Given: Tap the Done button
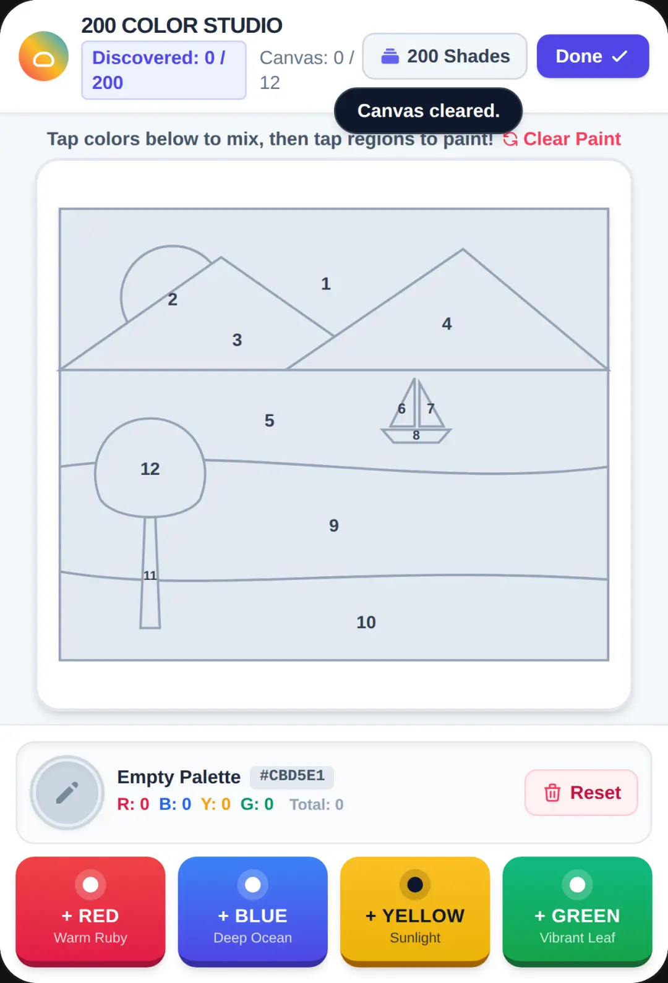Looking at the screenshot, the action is pyautogui.click(x=593, y=56).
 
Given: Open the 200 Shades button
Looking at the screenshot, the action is pyautogui.click(x=445, y=56).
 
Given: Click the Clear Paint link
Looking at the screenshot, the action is pyautogui.click(x=562, y=139).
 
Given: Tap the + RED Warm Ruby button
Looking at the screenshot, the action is pyautogui.click(x=90, y=911).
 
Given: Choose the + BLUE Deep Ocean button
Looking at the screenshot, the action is pyautogui.click(x=253, y=911).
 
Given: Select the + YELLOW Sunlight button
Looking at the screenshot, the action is pyautogui.click(x=415, y=911).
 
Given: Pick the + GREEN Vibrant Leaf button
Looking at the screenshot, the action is pyautogui.click(x=577, y=911).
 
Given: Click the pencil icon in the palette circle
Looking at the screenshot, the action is pyautogui.click(x=67, y=793).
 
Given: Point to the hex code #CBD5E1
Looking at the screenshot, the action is pyautogui.click(x=292, y=776).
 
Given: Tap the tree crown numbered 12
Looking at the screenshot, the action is pyautogui.click(x=150, y=468).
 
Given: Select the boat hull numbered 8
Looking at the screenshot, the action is pyautogui.click(x=416, y=436).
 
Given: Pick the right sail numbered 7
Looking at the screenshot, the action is pyautogui.click(x=429, y=411).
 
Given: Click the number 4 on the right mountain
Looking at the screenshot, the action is pyautogui.click(x=447, y=324).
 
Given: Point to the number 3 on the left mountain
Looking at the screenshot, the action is pyautogui.click(x=237, y=340).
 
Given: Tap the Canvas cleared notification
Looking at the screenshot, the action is pyautogui.click(x=429, y=111).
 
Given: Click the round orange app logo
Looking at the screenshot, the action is pyautogui.click(x=43, y=56).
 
